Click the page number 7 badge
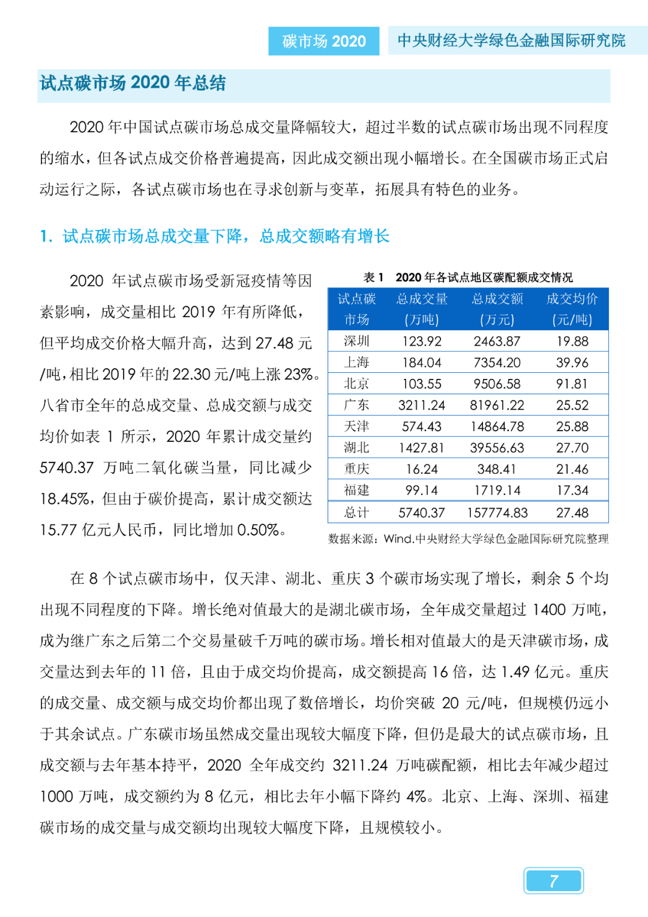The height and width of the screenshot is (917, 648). [553, 880]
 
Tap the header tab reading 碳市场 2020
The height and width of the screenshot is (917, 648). [323, 41]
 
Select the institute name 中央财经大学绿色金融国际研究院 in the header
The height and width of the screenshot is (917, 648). [511, 40]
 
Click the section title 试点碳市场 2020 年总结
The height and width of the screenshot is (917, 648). [133, 83]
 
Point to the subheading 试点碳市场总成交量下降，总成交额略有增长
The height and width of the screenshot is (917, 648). [226, 236]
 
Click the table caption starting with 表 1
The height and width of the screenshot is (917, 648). [468, 277]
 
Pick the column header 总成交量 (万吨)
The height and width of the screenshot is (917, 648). [422, 309]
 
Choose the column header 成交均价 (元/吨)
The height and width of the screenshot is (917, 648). [572, 309]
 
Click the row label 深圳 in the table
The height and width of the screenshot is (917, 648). [356, 341]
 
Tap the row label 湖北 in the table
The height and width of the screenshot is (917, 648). [356, 447]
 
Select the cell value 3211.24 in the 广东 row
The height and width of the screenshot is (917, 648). [422, 405]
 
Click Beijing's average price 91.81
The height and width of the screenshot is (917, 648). [572, 384]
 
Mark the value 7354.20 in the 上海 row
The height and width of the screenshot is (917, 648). [497, 363]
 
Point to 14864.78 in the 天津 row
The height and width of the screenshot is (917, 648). [497, 426]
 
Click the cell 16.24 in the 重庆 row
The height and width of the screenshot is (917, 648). [422, 469]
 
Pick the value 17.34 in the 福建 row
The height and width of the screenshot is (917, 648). [572, 490]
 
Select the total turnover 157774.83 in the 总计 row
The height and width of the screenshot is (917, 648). [497, 512]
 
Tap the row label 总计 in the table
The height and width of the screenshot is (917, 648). [356, 512]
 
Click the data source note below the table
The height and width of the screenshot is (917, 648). [468, 539]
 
